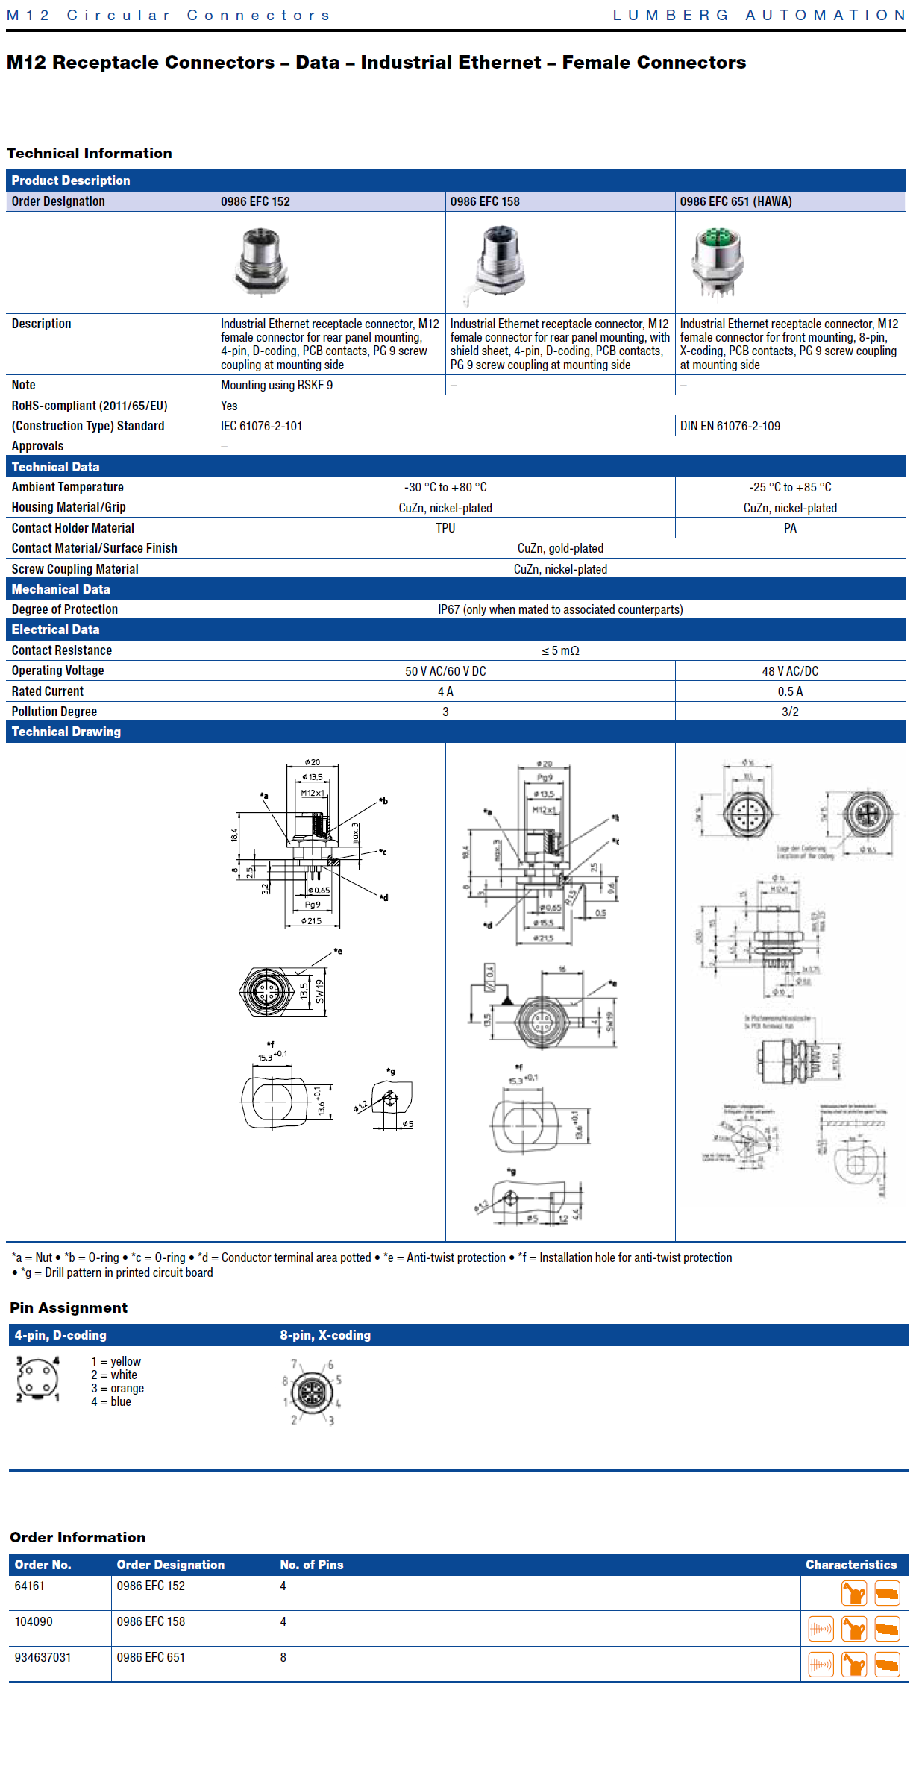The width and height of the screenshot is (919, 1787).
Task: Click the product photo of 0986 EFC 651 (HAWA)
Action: click(x=718, y=262)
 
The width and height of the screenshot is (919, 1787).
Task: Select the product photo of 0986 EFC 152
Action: click(x=261, y=262)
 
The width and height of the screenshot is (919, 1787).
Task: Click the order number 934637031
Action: click(x=43, y=1657)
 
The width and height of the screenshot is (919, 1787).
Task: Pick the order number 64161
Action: click(x=29, y=1586)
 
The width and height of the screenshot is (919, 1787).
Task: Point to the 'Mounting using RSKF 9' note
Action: click(x=277, y=385)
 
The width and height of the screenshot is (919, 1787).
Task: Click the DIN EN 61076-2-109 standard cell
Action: click(x=730, y=426)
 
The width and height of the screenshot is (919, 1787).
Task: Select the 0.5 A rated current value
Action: click(x=790, y=691)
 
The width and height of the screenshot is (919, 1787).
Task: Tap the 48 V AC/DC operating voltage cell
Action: click(x=790, y=671)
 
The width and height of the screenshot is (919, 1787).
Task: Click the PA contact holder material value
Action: click(x=790, y=528)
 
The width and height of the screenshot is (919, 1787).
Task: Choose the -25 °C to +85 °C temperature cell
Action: click(x=790, y=487)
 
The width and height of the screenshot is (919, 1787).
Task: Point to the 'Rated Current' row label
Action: click(x=48, y=691)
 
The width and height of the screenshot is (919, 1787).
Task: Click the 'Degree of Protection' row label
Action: click(x=65, y=609)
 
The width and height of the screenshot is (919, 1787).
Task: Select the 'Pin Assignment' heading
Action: click(x=69, y=1307)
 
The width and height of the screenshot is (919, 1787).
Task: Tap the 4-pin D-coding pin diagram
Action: click(x=37, y=1381)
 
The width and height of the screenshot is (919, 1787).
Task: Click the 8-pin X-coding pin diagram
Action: click(x=312, y=1392)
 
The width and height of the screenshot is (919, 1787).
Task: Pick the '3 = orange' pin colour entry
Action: click(x=118, y=1389)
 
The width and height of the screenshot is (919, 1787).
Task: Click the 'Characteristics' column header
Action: click(x=850, y=1565)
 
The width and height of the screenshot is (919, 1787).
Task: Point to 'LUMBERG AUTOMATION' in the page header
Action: click(x=759, y=15)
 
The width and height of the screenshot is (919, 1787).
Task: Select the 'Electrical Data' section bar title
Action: click(x=55, y=629)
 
